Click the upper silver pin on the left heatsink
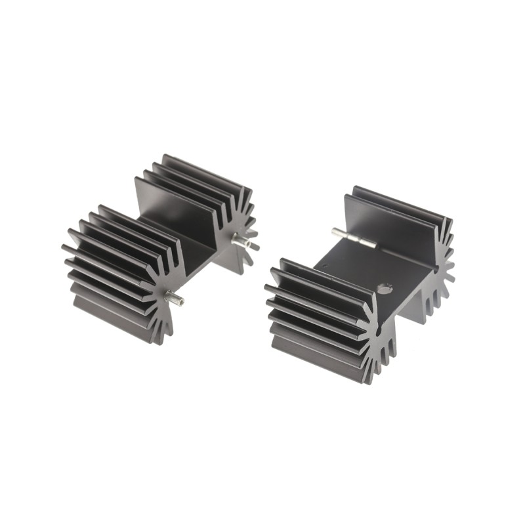(245, 243)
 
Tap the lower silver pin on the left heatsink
(174, 301)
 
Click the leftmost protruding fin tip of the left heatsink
(65, 248)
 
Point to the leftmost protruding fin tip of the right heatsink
(268, 287)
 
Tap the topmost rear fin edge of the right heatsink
(400, 197)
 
